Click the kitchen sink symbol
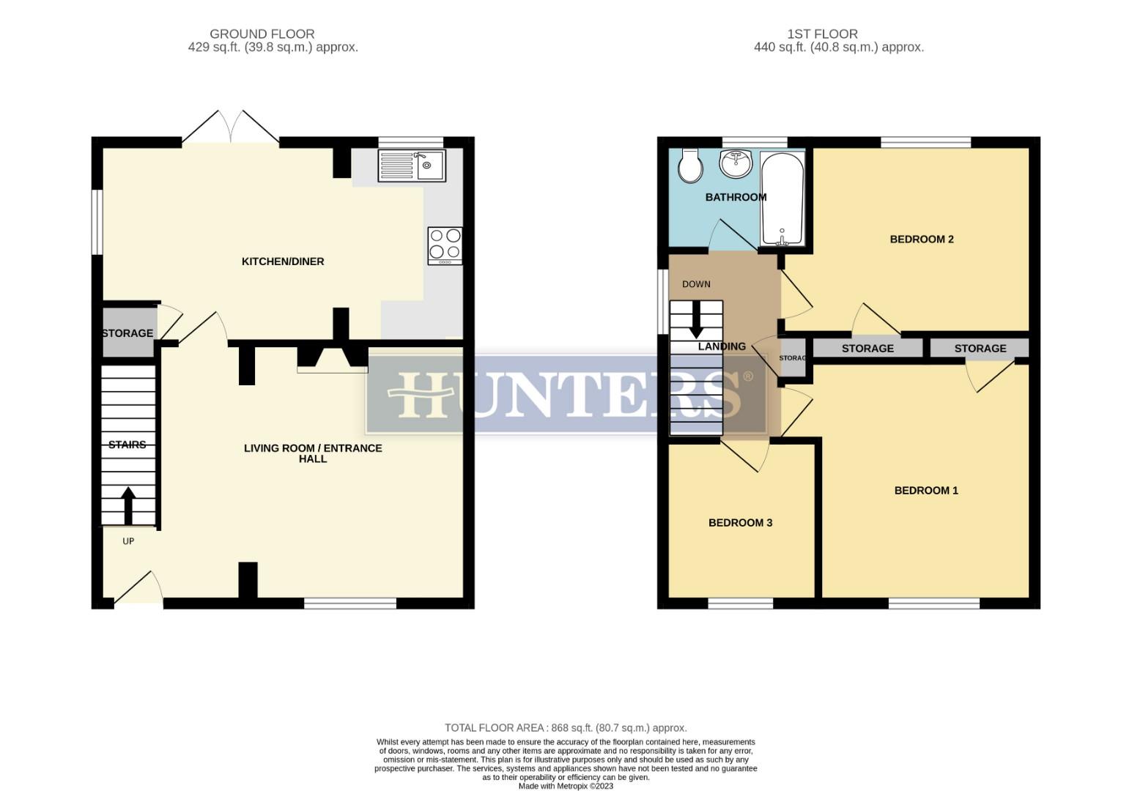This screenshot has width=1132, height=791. point(412,165)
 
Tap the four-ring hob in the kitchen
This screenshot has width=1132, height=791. point(445,245)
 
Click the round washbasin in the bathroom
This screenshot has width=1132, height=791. point(736,163)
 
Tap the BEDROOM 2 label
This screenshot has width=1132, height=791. point(921,239)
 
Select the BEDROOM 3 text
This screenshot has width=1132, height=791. point(740,523)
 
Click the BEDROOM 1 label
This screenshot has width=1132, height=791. point(926,491)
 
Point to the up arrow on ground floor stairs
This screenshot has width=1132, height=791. point(128,505)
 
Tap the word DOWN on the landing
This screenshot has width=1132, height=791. point(696,284)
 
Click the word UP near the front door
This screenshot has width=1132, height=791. point(128,541)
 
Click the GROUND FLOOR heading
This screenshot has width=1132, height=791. point(262,34)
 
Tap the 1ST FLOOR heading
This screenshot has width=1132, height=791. point(822,34)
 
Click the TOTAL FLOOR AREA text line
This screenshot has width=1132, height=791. point(566,728)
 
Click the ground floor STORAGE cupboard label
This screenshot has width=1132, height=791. point(127,333)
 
